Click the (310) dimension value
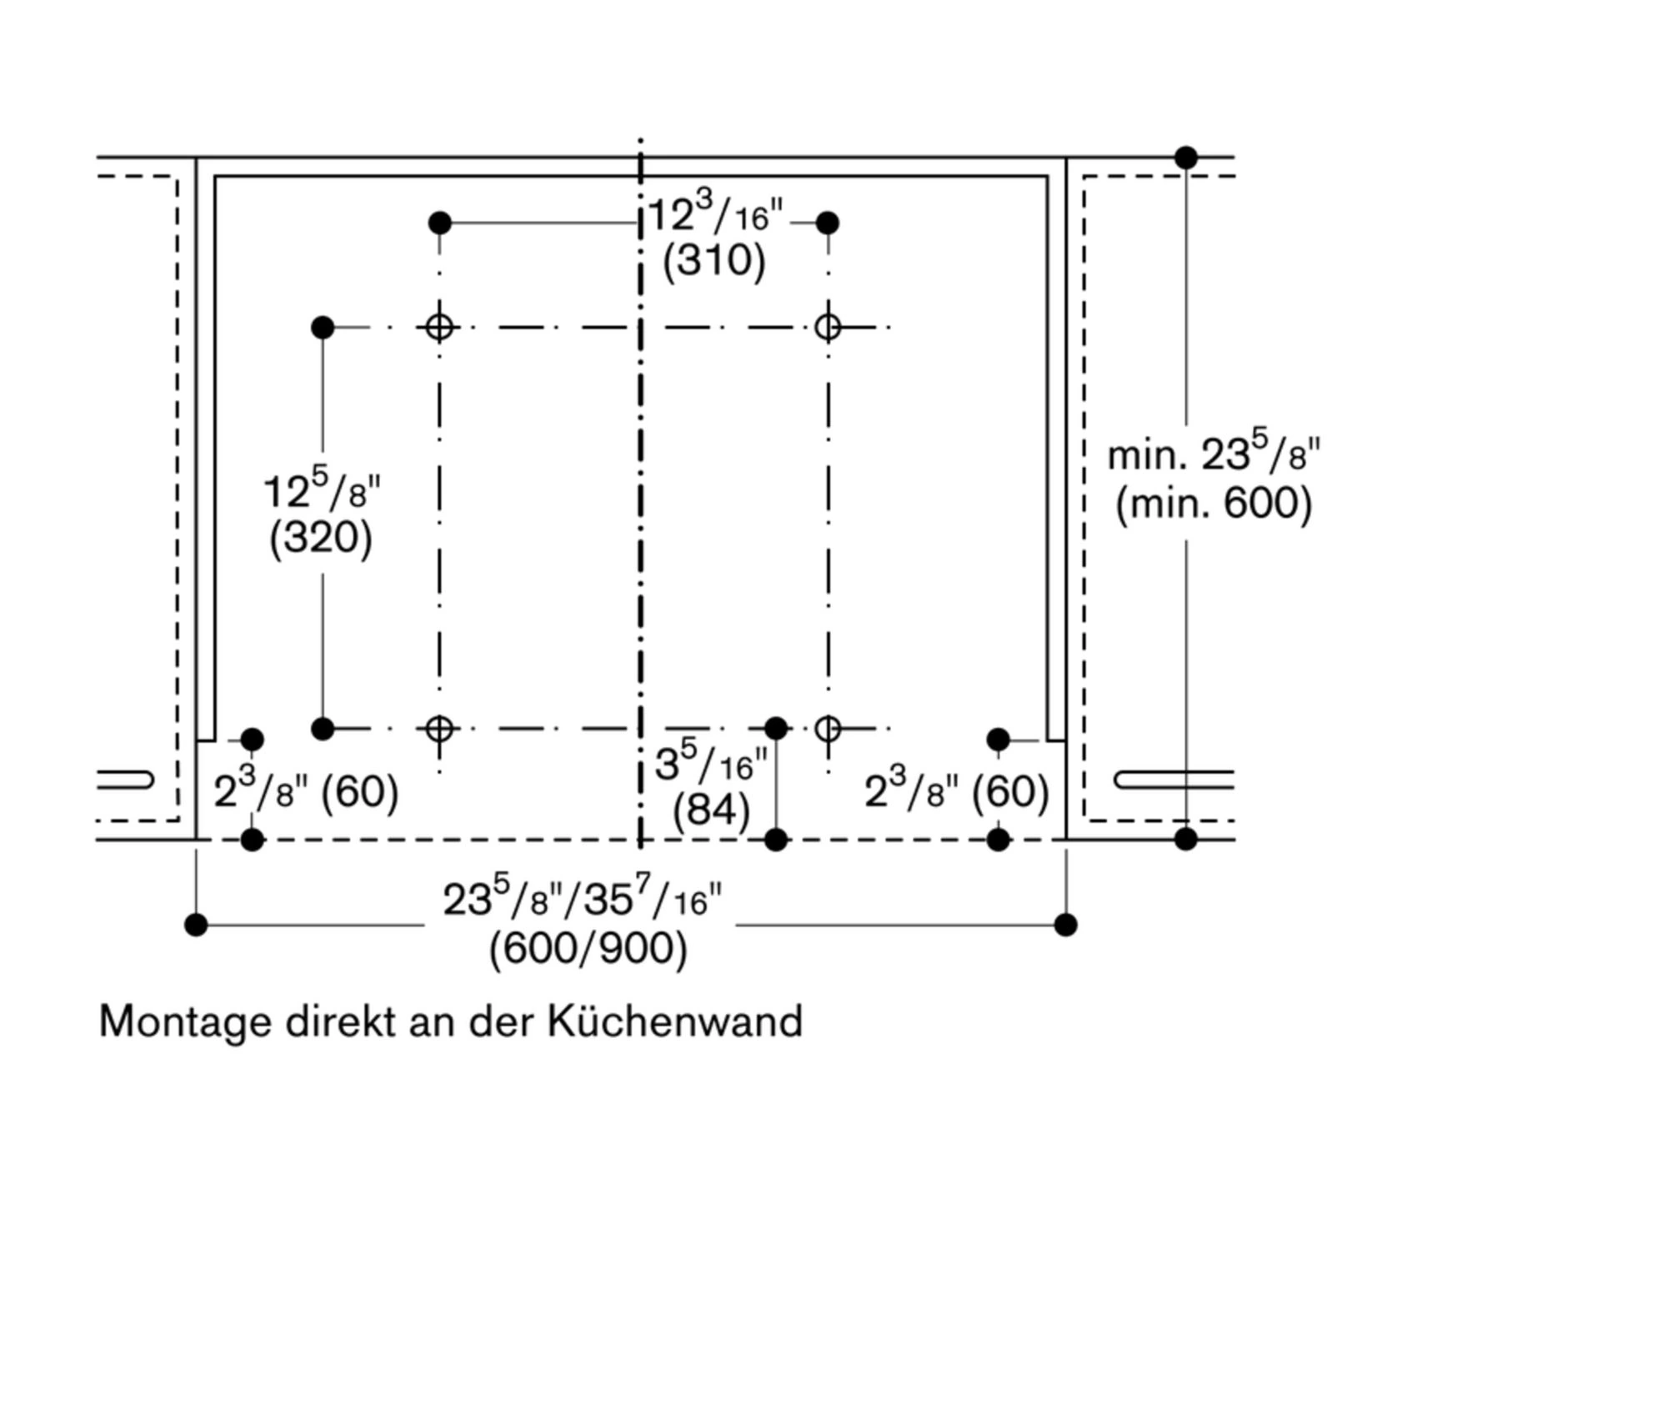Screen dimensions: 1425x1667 [713, 261]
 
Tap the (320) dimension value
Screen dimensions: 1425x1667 [320, 538]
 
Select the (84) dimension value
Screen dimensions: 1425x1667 [711, 810]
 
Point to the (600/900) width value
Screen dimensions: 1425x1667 [588, 949]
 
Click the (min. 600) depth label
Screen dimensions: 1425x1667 [1214, 504]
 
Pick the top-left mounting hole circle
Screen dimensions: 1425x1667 [439, 327]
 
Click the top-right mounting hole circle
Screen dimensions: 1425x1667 [828, 327]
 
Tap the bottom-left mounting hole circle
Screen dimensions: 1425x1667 [439, 729]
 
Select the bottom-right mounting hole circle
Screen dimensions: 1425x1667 [828, 729]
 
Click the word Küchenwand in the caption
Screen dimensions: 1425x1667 [674, 1022]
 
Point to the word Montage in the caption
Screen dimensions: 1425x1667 [185, 1022]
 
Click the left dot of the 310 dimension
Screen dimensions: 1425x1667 [440, 223]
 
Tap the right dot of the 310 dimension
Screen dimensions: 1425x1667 [828, 223]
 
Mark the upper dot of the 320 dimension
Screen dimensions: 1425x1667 [323, 327]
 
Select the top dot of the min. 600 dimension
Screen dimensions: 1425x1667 [1186, 157]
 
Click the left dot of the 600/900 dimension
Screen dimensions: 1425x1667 [196, 925]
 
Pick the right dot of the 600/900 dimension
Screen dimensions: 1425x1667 [1066, 925]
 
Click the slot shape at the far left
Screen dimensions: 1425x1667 [125, 780]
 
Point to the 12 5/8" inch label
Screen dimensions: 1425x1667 [322, 491]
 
